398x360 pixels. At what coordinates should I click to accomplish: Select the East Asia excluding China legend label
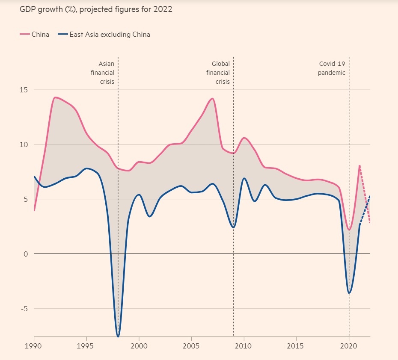coord(110,34)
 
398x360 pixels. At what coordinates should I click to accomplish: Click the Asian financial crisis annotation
coord(103,73)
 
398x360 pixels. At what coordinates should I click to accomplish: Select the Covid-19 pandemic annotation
coord(332,68)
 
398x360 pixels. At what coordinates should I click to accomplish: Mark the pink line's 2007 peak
coord(212,99)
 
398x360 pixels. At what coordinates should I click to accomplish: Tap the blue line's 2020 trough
coord(349,293)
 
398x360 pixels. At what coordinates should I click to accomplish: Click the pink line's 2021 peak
coord(359,165)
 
